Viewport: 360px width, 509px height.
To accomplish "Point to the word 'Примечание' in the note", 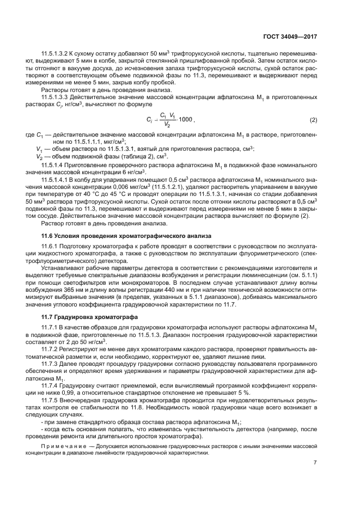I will click(62, 446).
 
